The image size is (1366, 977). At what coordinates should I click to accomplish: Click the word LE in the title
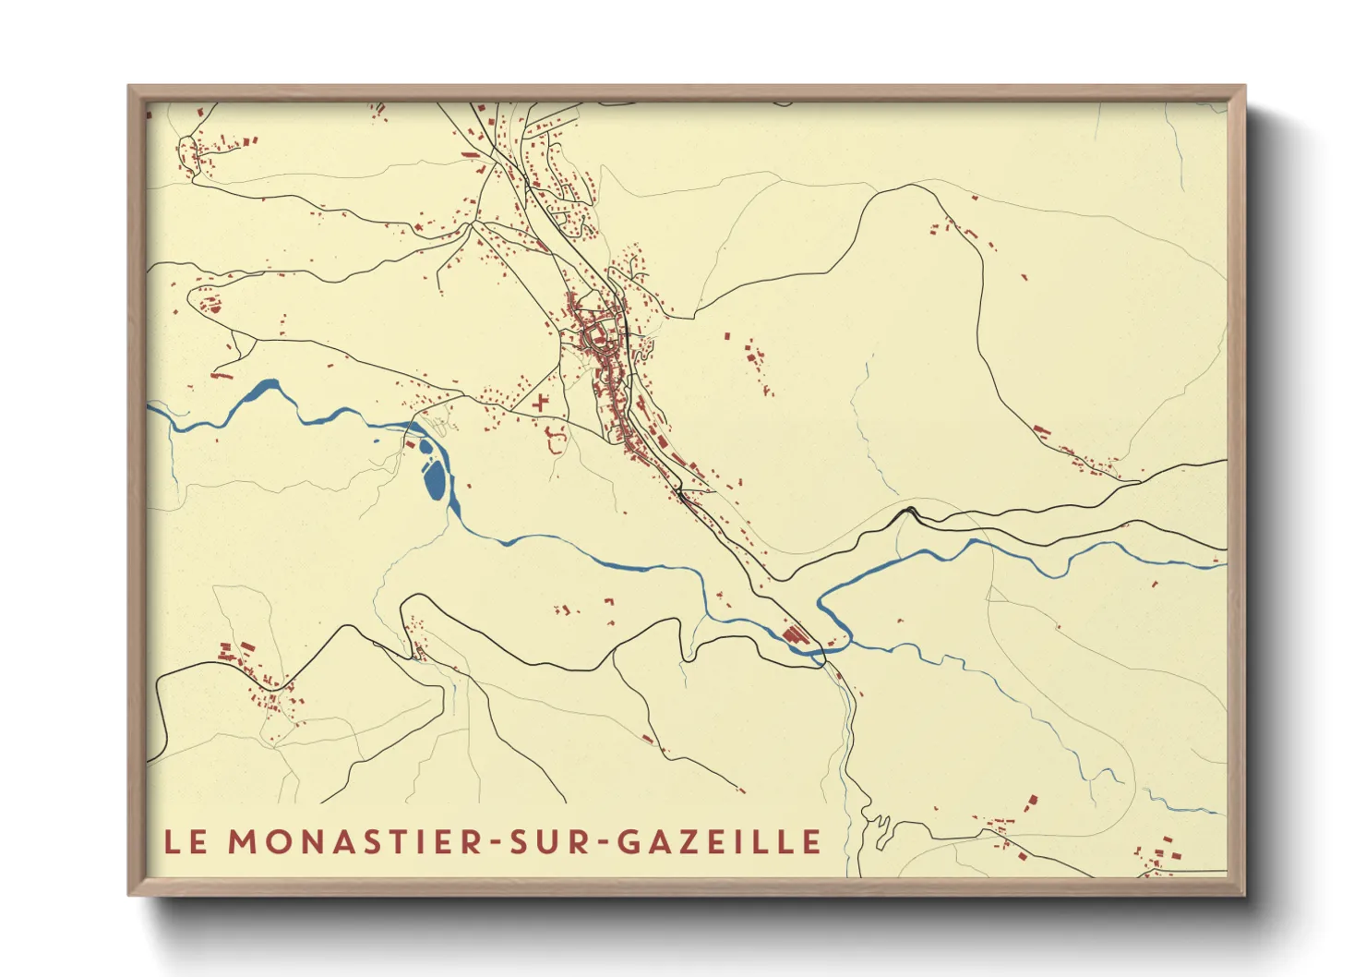[186, 841]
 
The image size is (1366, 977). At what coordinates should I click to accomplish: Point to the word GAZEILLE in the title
[717, 841]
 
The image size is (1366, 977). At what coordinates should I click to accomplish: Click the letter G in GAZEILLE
[627, 841]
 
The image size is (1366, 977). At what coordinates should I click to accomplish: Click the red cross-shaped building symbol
[540, 403]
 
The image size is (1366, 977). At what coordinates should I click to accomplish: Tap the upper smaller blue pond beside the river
[425, 449]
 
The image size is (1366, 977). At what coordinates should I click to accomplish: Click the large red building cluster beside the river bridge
[794, 635]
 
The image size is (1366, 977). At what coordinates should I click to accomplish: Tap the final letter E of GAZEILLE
[810, 841]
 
